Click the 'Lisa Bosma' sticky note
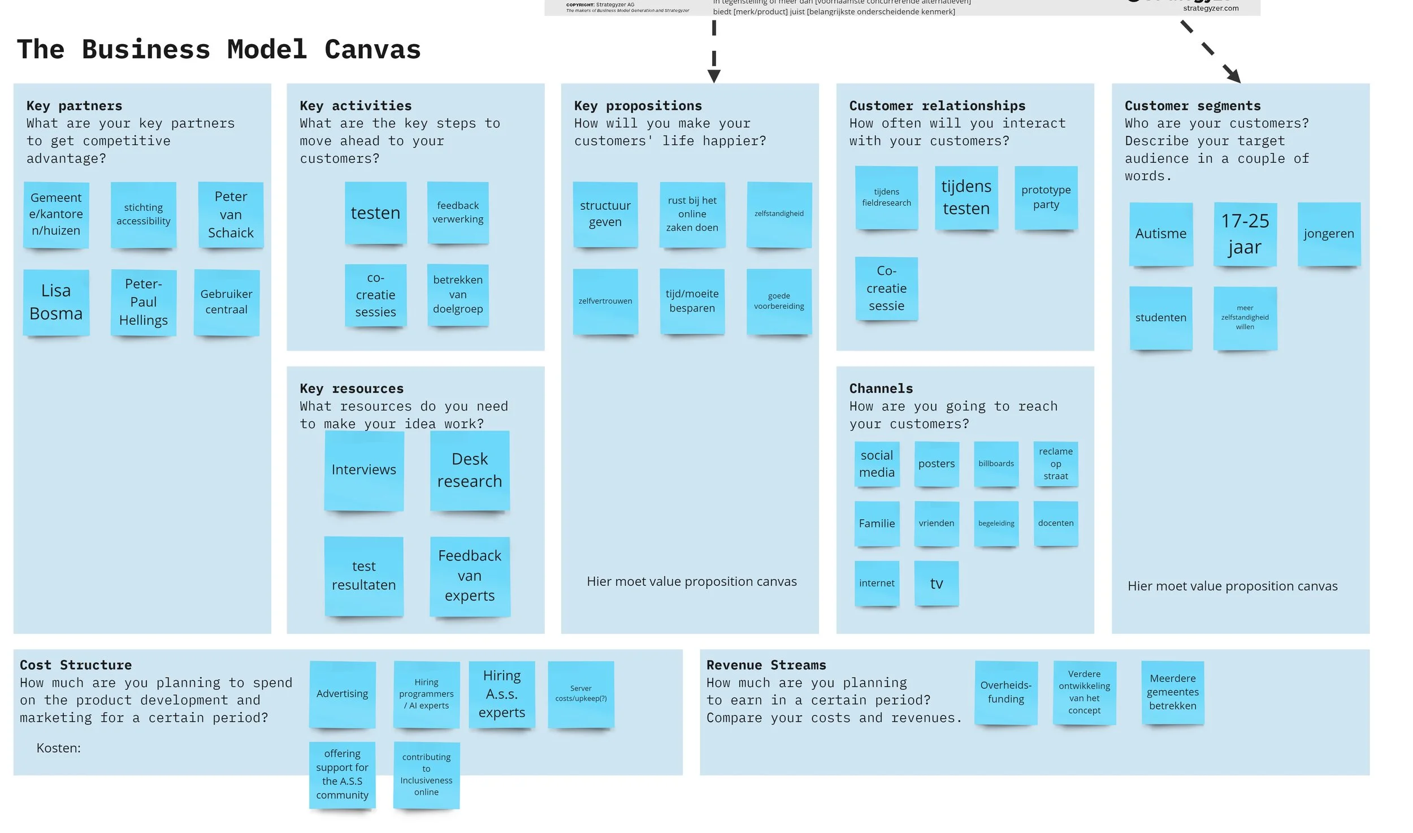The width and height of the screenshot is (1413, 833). click(x=56, y=302)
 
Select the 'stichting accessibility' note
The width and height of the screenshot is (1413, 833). click(x=143, y=214)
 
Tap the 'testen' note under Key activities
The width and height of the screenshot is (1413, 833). click(x=375, y=213)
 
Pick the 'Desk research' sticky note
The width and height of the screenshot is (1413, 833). click(x=469, y=470)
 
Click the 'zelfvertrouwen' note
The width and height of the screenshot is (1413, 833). click(x=605, y=301)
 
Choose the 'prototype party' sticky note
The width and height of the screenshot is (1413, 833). click(x=1046, y=197)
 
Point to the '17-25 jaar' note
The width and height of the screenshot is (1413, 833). click(x=1245, y=234)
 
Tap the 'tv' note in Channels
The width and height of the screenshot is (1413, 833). click(x=936, y=583)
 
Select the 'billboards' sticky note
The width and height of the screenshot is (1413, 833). click(x=996, y=464)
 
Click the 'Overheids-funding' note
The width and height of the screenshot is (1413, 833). click(x=1005, y=692)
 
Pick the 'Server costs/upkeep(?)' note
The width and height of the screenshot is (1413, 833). click(x=580, y=693)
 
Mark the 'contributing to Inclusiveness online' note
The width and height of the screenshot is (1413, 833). click(x=426, y=774)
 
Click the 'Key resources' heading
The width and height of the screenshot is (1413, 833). click(x=352, y=389)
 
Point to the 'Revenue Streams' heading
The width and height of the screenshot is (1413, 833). click(x=766, y=665)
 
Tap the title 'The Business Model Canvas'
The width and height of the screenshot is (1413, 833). click(x=219, y=49)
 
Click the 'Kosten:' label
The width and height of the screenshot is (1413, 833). click(x=58, y=748)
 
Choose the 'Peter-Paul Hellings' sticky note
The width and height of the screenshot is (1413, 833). click(x=144, y=302)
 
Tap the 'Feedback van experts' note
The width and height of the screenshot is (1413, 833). click(x=470, y=576)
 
